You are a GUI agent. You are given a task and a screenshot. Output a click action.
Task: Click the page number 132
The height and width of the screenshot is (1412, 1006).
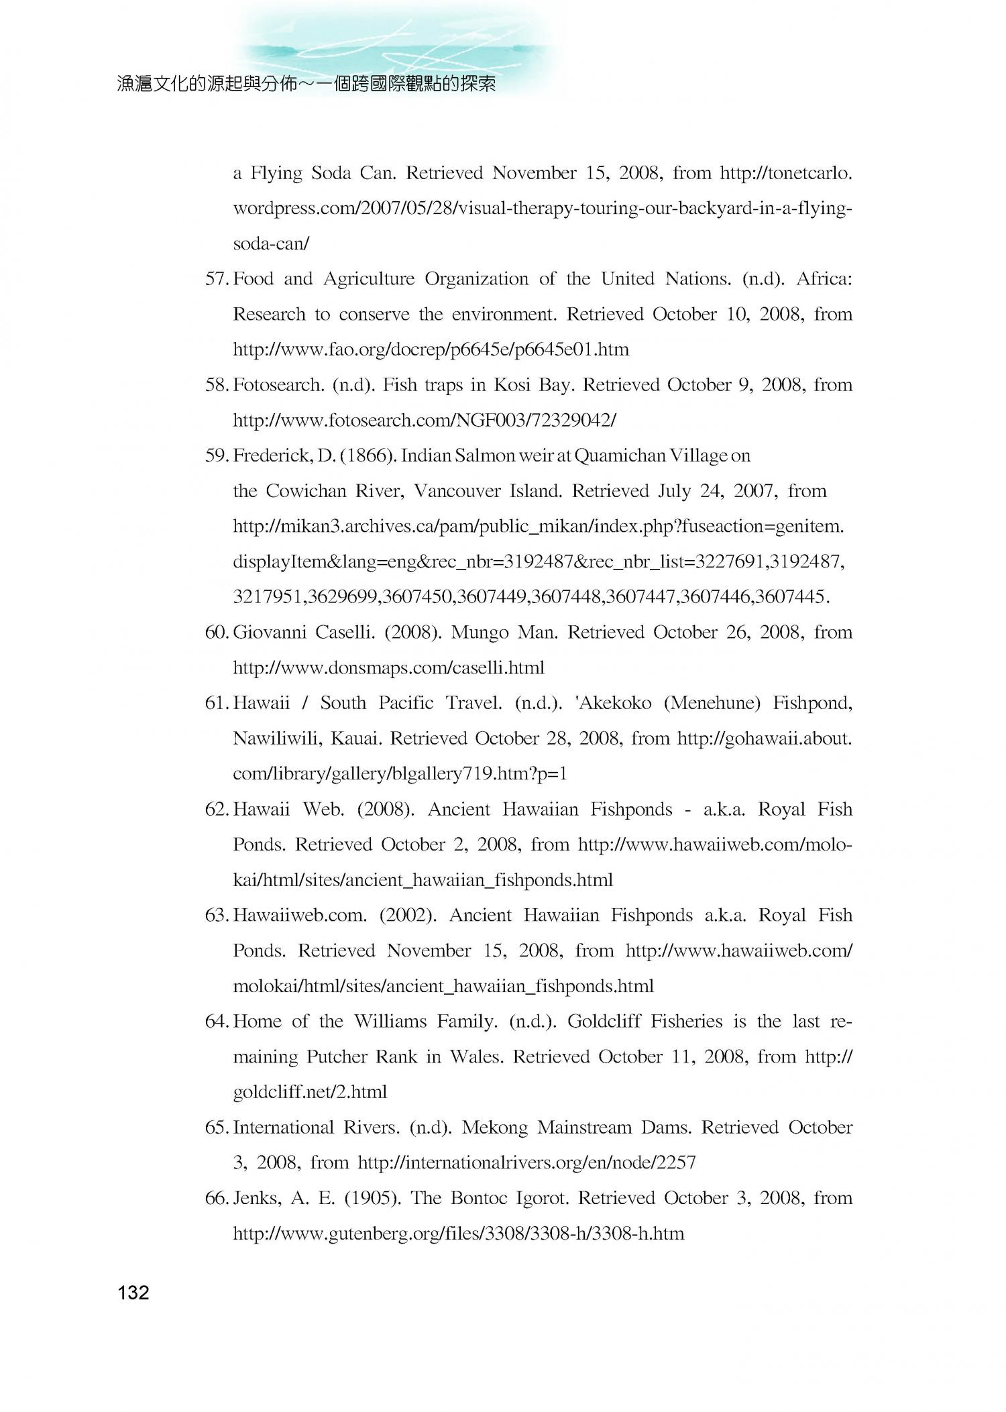click(x=133, y=1293)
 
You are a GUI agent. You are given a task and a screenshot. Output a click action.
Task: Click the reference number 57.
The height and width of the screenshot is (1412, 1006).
click(x=217, y=279)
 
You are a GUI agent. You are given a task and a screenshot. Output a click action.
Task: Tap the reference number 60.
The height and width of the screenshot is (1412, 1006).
click(x=217, y=633)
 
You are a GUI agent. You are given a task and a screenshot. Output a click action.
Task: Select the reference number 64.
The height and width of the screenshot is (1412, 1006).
click(x=217, y=1022)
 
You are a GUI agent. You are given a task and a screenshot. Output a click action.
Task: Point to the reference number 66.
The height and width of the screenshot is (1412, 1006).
click(x=217, y=1198)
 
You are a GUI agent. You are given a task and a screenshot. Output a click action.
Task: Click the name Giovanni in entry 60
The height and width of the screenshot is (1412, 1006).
click(x=267, y=633)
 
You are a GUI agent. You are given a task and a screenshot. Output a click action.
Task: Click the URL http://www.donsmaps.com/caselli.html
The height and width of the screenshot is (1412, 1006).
click(x=388, y=668)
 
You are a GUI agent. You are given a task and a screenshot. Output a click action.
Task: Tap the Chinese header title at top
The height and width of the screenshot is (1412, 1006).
click(x=306, y=84)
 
